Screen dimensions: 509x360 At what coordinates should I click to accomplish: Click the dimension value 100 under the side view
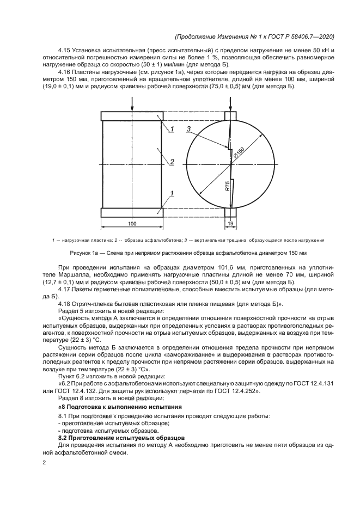coord(132,224)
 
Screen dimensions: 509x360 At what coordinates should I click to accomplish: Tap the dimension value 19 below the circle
coord(231,224)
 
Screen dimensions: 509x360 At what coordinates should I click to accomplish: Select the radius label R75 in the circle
coord(228,187)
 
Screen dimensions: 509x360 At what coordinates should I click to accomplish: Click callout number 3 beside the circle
coord(188,129)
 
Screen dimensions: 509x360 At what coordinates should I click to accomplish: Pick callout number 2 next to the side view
coord(172,162)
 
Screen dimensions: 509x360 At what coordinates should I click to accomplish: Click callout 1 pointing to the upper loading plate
coord(172,129)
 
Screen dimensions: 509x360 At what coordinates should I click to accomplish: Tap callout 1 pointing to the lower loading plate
coord(172,193)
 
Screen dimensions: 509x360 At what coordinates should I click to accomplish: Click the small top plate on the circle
coord(231,115)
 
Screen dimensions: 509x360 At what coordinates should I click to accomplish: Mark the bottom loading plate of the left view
coord(132,211)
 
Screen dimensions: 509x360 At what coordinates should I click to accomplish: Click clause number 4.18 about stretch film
coord(65,303)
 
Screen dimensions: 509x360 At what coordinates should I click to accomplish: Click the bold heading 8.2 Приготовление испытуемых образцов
coord(121,438)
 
